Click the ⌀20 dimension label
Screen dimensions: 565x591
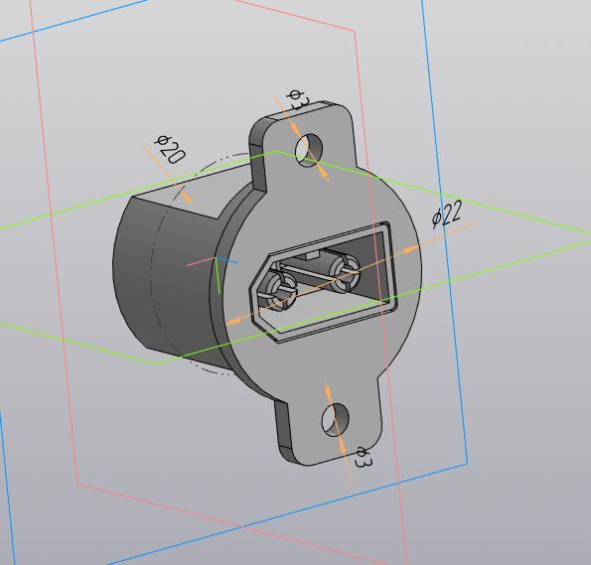point(171,149)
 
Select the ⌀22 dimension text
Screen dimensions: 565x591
point(448,213)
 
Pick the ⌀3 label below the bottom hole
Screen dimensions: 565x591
point(363,458)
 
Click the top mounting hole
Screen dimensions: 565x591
point(309,148)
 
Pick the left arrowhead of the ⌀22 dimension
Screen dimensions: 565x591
point(234,321)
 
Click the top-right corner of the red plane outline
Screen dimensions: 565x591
point(356,30)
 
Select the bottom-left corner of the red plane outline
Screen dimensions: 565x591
point(77,484)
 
